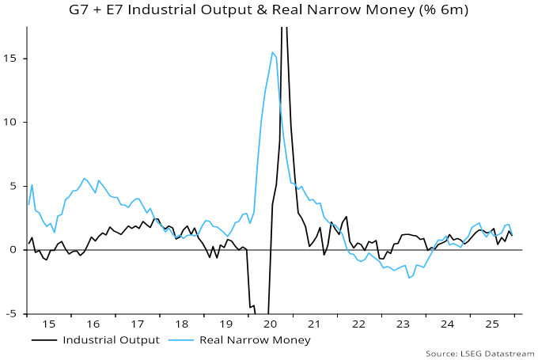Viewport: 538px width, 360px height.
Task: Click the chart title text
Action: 268,10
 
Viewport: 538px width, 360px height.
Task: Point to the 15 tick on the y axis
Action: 13,59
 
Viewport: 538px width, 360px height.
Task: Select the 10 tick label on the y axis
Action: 13,123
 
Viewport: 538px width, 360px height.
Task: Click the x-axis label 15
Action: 49,324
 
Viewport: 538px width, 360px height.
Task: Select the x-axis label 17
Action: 138,324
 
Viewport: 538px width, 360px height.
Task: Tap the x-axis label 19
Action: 226,324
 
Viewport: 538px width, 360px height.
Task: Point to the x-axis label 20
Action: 271,324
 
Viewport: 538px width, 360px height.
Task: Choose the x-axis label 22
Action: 359,324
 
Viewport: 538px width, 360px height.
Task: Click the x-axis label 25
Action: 492,324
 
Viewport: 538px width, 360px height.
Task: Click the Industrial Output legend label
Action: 112,340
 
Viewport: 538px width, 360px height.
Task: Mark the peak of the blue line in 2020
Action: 272,52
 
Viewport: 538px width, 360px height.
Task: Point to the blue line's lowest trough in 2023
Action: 409,278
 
